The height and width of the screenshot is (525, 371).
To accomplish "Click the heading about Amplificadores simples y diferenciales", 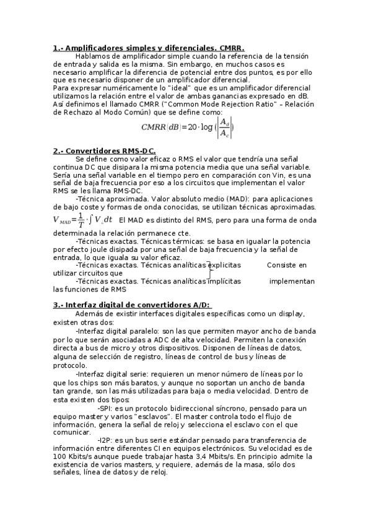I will coord(149,48).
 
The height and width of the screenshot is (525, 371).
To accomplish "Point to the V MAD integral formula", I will coord(82,220).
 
